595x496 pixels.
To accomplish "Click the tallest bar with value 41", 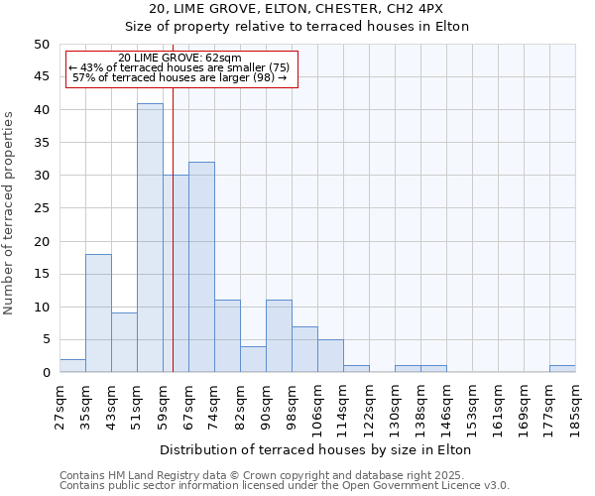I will (x=150, y=238).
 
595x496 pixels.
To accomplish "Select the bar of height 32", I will (x=201, y=268).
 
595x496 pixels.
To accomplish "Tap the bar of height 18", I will (x=98, y=313).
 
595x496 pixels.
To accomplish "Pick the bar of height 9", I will (x=124, y=343).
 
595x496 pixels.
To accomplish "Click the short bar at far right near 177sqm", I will (x=562, y=369).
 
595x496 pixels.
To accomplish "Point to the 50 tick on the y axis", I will (x=41, y=45).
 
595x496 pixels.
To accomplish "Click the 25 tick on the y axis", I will (x=41, y=208).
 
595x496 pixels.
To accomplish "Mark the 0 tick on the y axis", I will (x=45, y=373).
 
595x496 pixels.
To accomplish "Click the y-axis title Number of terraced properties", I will (x=10, y=212).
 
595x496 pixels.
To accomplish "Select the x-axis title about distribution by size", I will (x=315, y=449).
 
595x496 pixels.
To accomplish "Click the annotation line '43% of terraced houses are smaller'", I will (x=178, y=67).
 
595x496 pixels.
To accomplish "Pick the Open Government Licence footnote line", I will (x=284, y=485).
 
